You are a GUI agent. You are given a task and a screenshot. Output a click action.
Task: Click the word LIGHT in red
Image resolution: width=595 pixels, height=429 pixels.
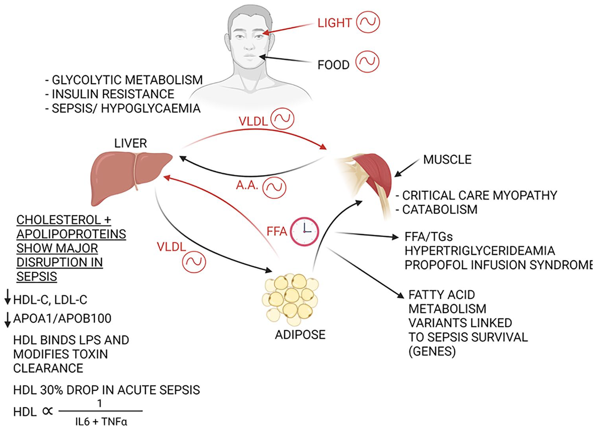click(335, 23)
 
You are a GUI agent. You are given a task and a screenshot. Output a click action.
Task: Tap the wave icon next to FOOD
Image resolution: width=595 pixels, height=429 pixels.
click(367, 62)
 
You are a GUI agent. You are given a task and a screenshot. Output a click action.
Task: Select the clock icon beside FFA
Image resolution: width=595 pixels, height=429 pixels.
click(304, 231)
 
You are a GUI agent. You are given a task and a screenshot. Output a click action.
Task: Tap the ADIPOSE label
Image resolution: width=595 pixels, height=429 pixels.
click(300, 335)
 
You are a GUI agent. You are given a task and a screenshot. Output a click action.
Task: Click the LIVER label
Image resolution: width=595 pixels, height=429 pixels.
click(130, 143)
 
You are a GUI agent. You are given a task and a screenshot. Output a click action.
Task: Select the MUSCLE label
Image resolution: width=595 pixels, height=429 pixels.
click(447, 160)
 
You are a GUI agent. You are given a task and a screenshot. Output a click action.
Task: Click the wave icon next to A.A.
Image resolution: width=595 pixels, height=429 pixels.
click(275, 188)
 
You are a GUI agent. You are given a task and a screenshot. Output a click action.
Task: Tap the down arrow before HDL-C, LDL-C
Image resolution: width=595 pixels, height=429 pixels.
click(8, 297)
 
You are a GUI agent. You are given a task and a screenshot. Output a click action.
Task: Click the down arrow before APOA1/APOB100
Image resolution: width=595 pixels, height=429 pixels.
click(8, 320)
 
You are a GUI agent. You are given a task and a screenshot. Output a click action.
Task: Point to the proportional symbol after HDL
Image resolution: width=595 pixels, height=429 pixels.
click(47, 411)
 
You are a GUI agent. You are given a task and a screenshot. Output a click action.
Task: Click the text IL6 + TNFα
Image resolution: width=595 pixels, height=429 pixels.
click(101, 421)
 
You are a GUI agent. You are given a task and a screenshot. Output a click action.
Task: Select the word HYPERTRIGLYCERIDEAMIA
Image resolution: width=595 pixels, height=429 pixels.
click(480, 251)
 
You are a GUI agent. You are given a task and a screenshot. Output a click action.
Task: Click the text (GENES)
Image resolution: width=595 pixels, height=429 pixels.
click(432, 352)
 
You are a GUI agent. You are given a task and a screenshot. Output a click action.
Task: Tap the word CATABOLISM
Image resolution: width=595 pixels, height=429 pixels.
click(440, 210)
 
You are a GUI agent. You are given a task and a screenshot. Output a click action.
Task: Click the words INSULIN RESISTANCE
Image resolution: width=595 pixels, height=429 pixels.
click(113, 94)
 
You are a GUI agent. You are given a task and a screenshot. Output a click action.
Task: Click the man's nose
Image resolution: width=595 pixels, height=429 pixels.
click(249, 45)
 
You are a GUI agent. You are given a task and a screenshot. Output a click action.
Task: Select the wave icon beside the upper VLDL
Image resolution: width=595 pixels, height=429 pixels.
click(282, 119)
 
